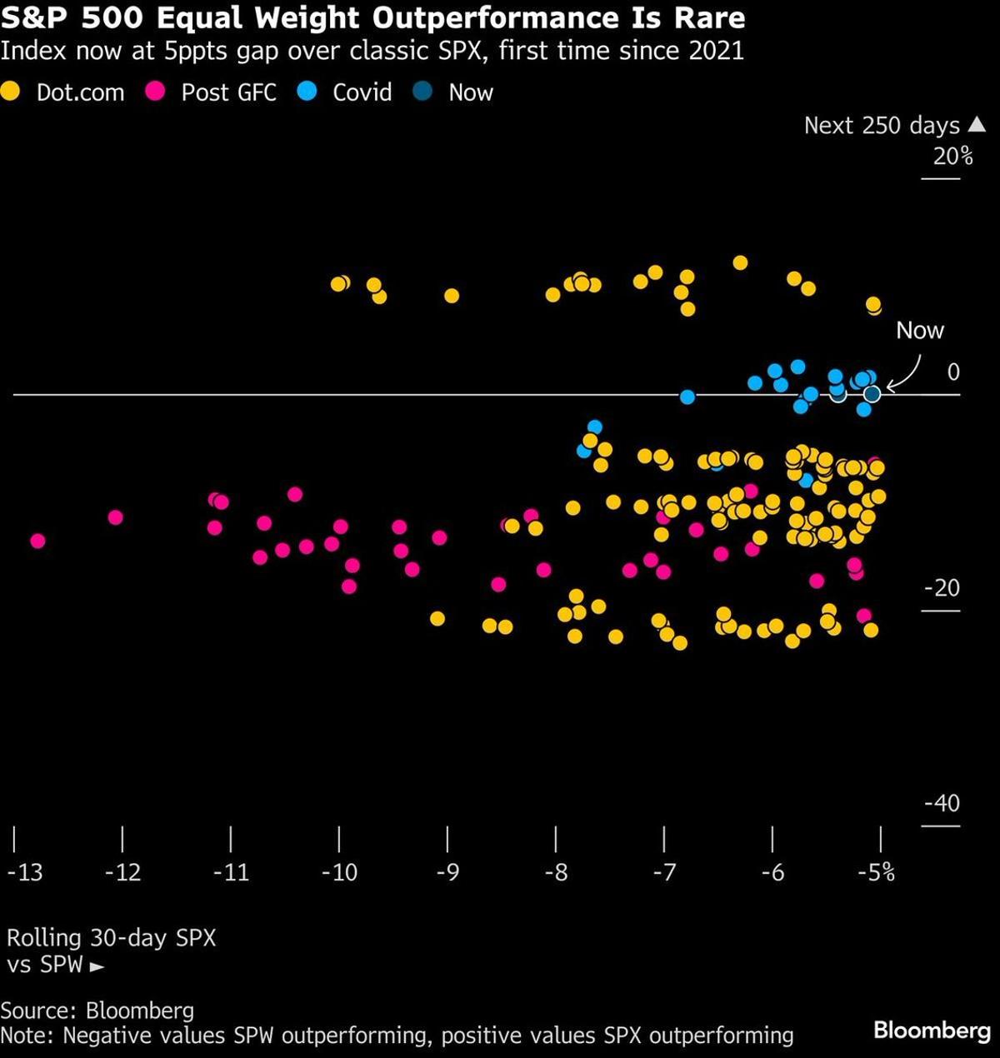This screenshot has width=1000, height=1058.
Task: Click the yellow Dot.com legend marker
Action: (10, 92)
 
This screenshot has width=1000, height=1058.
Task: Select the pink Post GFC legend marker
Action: (155, 92)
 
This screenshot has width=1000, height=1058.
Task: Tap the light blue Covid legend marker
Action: (307, 92)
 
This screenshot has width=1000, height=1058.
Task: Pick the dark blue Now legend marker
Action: (423, 92)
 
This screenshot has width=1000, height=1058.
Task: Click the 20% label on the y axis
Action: (952, 156)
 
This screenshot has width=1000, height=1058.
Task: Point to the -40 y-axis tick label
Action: (942, 803)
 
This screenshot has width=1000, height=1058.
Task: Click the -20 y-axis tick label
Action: (942, 588)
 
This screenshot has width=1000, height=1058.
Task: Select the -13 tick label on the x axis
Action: (24, 872)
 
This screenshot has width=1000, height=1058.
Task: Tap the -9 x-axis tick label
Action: (447, 872)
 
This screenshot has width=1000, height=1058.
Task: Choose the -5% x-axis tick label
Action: (877, 872)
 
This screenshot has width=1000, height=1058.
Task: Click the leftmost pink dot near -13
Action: (37, 541)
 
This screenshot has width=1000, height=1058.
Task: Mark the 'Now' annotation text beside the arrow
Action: (919, 331)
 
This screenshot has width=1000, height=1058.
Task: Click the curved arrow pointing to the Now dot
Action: (907, 374)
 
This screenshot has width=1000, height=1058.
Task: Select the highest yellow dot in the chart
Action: (739, 263)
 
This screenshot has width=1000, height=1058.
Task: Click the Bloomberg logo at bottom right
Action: (932, 1031)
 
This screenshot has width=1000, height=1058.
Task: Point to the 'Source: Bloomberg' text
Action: (97, 1011)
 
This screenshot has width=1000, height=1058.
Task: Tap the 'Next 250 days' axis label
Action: (882, 126)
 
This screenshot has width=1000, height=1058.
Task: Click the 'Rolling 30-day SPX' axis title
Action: (111, 938)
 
